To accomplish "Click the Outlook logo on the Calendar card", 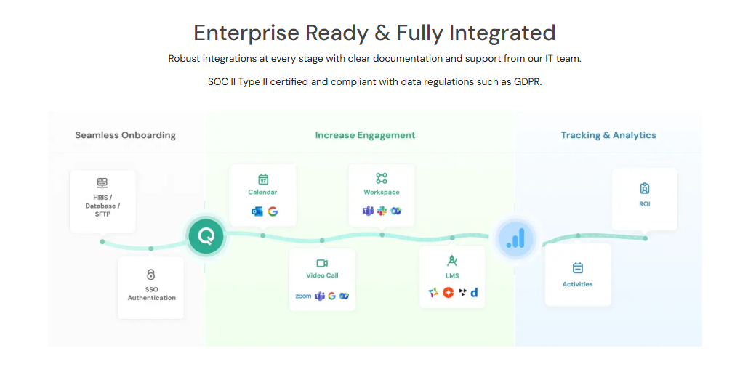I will pos(257,211).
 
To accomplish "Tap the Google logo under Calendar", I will pos(273,211).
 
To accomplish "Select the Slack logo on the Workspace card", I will pos(382,211).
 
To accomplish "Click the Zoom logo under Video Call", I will pos(303,296).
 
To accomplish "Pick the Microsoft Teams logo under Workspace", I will pos(368,211).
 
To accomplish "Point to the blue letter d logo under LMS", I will pos(474,292).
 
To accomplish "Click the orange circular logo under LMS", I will pos(448,292).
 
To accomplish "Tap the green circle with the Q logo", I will pos(206,236).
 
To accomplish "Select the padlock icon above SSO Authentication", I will pos(151,275).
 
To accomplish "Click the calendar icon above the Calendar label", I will pos(263,179).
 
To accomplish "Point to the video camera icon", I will pos(322,263).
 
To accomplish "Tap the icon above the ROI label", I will pos(644,188).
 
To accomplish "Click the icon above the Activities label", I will pos(578,268).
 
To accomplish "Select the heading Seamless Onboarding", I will pos(125,135).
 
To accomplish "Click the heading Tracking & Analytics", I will pos(608,135).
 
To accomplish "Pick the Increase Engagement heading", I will pos(365,135).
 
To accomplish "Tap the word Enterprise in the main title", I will pos(246,33).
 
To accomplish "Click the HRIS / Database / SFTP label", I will pos(102,206).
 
